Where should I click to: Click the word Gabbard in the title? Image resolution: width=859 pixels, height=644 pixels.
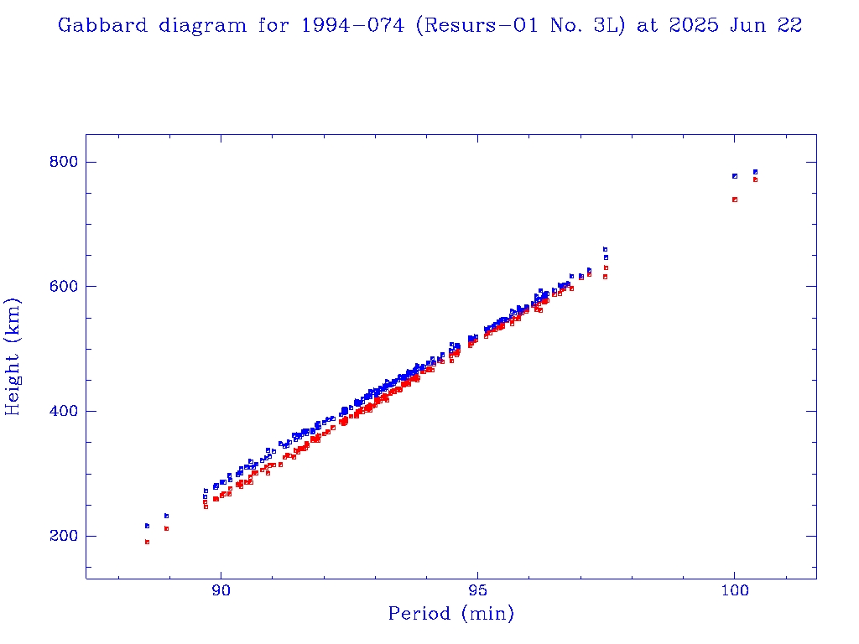pos(91,25)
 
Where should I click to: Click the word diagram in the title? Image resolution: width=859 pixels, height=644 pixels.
pos(190,25)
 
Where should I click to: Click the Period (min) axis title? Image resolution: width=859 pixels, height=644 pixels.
pos(450,615)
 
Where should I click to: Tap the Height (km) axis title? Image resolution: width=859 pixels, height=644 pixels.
pos(13,356)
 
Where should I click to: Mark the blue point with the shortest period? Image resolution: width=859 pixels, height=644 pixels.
pos(147,526)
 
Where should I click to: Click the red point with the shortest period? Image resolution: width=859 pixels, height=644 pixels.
pos(147,542)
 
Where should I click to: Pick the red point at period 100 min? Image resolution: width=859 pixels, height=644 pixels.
pos(735,200)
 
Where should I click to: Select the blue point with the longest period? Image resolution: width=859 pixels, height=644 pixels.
pos(755,172)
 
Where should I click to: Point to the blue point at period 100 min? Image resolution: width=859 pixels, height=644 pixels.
pos(735,176)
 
